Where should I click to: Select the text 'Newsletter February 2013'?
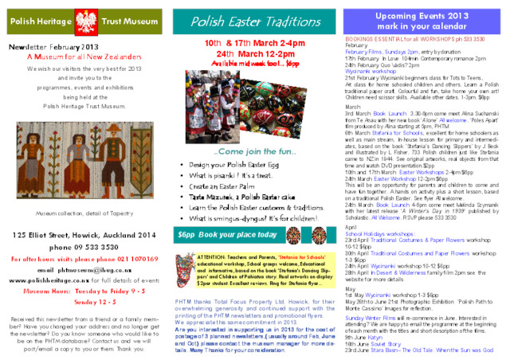coord(53,48)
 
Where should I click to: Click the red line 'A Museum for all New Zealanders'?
coord(84,57)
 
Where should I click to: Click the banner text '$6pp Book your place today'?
coord(227,235)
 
